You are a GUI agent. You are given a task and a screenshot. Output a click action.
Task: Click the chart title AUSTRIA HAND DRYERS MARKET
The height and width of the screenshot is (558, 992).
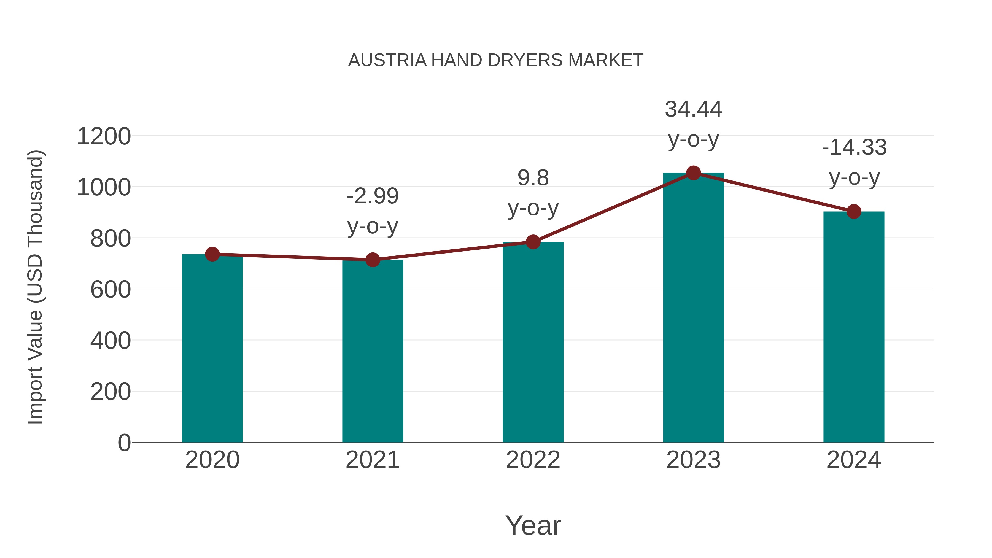click(496, 60)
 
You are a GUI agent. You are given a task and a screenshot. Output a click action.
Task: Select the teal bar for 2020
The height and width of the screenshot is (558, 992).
click(212, 349)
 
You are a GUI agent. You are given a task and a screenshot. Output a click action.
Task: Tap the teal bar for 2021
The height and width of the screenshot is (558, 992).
click(372, 351)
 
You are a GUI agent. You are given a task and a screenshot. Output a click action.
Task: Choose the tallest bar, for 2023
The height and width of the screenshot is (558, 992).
click(693, 308)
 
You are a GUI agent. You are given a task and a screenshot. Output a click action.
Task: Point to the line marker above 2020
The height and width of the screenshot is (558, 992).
click(212, 254)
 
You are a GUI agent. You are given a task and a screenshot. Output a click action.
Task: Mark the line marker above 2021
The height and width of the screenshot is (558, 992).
click(372, 260)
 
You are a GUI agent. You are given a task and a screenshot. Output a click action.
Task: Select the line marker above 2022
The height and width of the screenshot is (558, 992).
click(533, 242)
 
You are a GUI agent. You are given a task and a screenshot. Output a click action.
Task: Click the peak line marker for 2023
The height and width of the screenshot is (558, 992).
click(693, 173)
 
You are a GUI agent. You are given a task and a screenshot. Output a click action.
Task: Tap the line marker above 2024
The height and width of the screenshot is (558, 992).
click(854, 211)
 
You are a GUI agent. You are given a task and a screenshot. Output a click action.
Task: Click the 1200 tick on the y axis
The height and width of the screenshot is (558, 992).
click(104, 136)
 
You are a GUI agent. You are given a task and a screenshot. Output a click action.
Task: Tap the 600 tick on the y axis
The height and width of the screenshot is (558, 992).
click(110, 290)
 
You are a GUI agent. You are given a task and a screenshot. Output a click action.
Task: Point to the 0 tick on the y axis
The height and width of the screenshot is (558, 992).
click(124, 443)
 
